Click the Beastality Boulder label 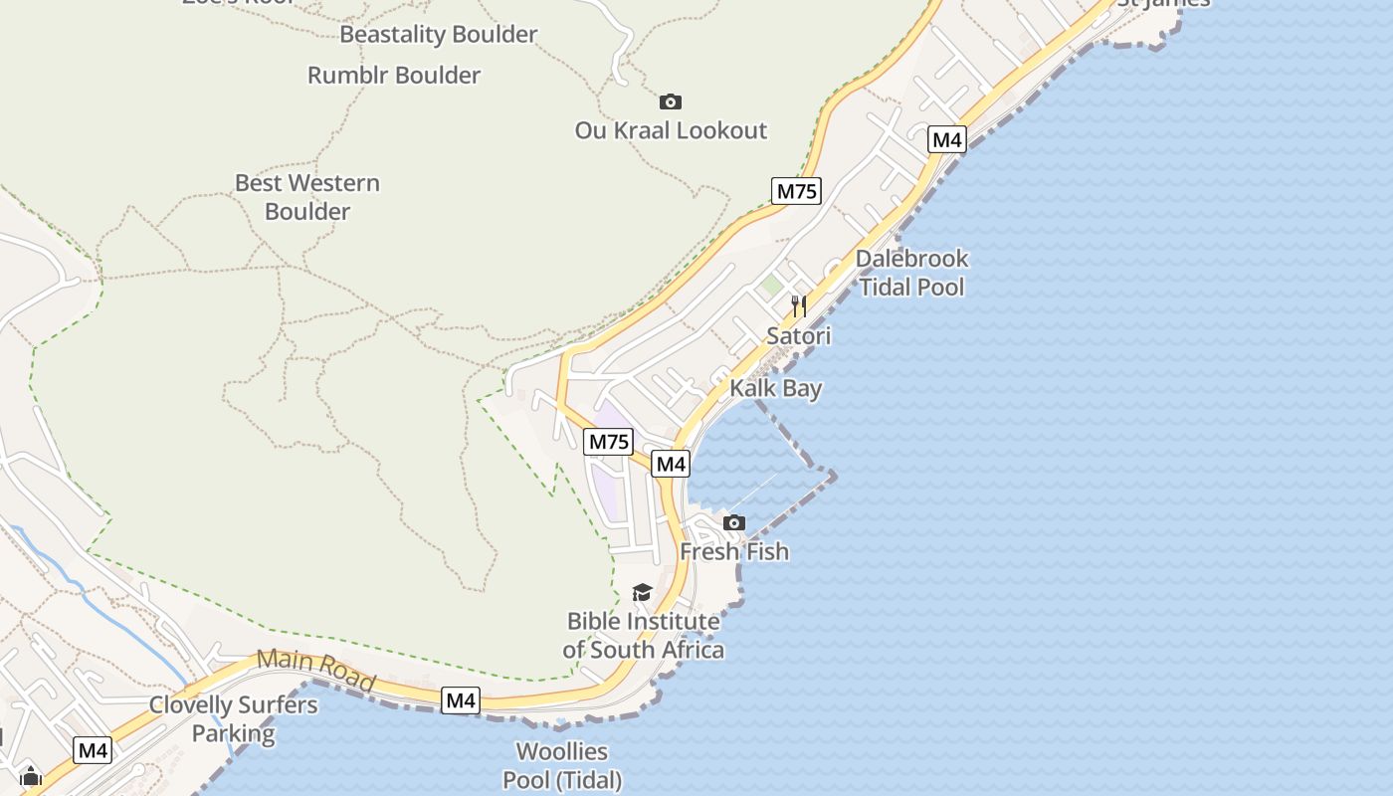[x=439, y=34]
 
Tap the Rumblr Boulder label [x=394, y=75]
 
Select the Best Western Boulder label [x=307, y=197]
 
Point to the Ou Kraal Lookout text [x=672, y=130]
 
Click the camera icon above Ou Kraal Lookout [x=671, y=101]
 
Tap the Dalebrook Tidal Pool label [x=912, y=273]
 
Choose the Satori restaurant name [x=798, y=336]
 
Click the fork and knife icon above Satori [x=798, y=304]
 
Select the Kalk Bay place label [x=776, y=388]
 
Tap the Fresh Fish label [x=734, y=551]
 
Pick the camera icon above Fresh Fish [x=734, y=522]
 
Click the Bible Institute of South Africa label [x=643, y=636]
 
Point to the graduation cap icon [x=642, y=593]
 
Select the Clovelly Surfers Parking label [x=234, y=719]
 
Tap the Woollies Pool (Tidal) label [x=562, y=765]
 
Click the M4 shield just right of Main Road [x=461, y=700]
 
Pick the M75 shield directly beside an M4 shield [x=608, y=442]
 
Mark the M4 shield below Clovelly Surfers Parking [x=94, y=750]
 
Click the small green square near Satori [x=771, y=286]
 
